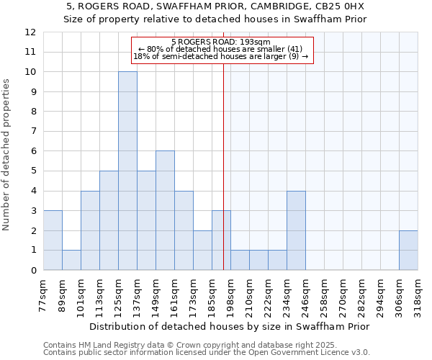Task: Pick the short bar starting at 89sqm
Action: tap(71, 260)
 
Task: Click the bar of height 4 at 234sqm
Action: tap(296, 230)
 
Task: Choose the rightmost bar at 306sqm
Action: tap(408, 250)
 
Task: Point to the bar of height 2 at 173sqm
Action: tap(202, 250)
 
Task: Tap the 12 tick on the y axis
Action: tap(30, 32)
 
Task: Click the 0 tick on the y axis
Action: tap(33, 270)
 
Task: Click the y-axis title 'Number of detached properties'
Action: tap(7, 154)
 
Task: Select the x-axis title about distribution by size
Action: tap(230, 326)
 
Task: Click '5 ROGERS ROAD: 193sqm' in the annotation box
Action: tap(222, 42)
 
